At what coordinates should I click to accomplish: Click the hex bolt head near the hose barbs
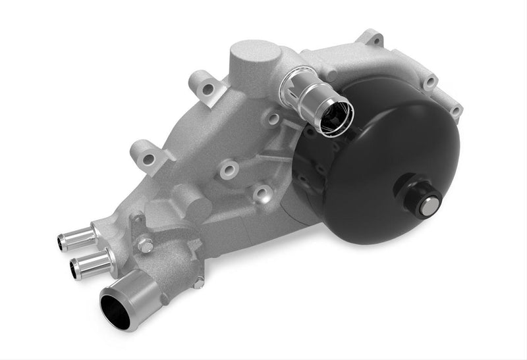click(x=145, y=245)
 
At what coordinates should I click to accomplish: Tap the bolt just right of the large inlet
click(x=198, y=281)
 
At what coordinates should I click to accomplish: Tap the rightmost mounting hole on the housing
click(x=455, y=110)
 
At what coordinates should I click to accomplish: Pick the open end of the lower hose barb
click(x=74, y=268)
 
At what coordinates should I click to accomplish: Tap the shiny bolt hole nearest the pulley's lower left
click(x=263, y=192)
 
